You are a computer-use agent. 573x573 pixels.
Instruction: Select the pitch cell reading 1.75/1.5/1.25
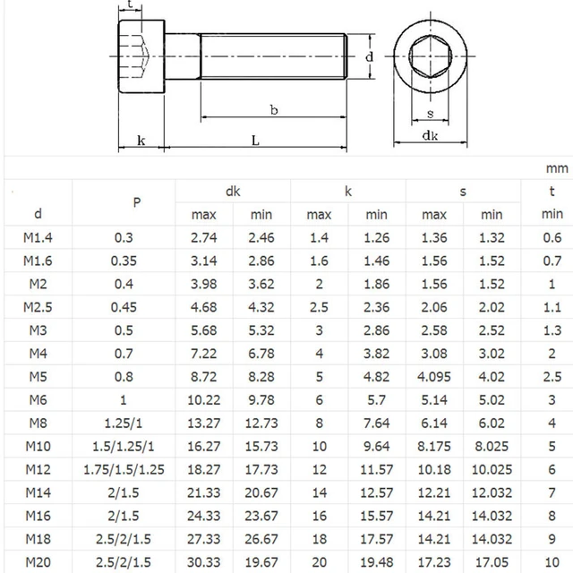pyautogui.click(x=136, y=469)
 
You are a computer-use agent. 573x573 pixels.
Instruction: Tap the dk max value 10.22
pyautogui.click(x=204, y=399)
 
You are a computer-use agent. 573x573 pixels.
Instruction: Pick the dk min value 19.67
pyautogui.click(x=261, y=562)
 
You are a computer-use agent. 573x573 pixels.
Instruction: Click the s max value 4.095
pyautogui.click(x=434, y=376)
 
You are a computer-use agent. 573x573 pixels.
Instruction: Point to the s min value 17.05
pyautogui.click(x=492, y=562)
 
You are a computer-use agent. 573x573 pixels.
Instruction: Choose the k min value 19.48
pyautogui.click(x=376, y=562)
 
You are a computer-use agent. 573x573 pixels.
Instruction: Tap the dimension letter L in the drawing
pyautogui.click(x=255, y=141)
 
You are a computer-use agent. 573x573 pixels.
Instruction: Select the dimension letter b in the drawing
pyautogui.click(x=273, y=109)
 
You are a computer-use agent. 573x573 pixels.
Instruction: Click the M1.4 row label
pyautogui.click(x=38, y=236)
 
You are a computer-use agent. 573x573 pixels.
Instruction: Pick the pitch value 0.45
pyautogui.click(x=136, y=306)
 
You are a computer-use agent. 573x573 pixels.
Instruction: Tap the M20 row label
pyautogui.click(x=38, y=562)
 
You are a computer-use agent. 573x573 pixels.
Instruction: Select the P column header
pyautogui.click(x=136, y=202)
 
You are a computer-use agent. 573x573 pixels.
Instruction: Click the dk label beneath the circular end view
pyautogui.click(x=430, y=136)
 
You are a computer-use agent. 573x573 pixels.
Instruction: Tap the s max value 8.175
pyautogui.click(x=434, y=446)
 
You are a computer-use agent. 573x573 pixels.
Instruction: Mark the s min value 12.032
pyautogui.click(x=492, y=492)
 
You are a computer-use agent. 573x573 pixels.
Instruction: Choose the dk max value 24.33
pyautogui.click(x=204, y=516)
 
